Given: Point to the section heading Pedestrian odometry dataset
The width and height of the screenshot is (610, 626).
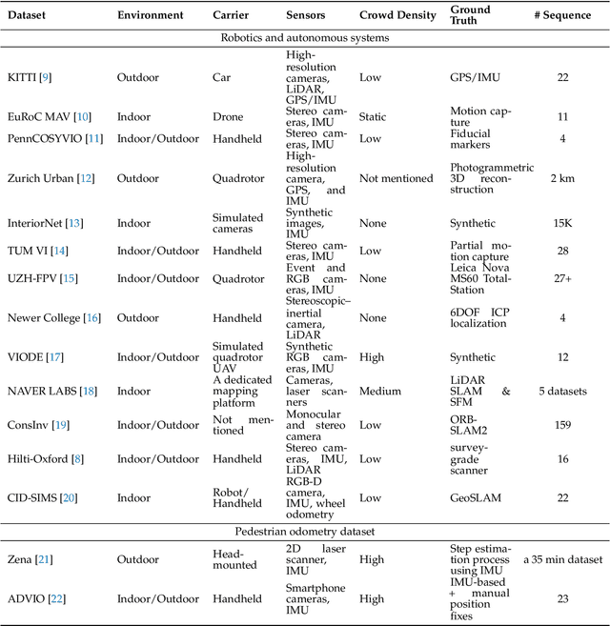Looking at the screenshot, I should pyautogui.click(x=304, y=530).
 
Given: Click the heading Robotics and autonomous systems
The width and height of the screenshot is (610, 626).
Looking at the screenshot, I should pyautogui.click(x=304, y=37).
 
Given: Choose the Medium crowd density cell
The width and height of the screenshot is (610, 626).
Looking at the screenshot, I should pyautogui.click(x=377, y=391).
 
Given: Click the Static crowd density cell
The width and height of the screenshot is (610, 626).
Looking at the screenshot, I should pyautogui.click(x=373, y=116).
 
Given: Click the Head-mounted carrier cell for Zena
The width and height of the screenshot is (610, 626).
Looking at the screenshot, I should pyautogui.click(x=234, y=559).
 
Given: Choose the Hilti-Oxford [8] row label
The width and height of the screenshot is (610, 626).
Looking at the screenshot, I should pyautogui.click(x=45, y=459).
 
